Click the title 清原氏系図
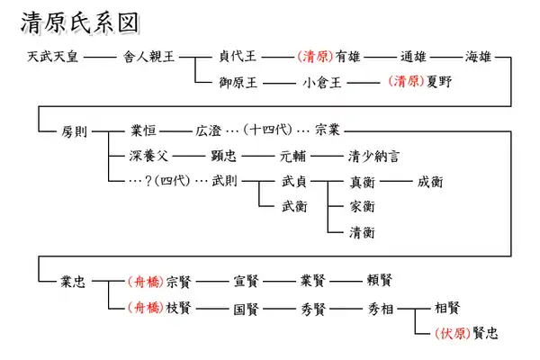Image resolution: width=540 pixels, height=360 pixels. coord(80,22)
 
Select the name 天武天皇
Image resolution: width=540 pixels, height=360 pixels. coord(53,57)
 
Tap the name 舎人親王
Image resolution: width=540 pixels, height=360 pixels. coord(149,57)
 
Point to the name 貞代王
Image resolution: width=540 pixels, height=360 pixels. coord(238,56)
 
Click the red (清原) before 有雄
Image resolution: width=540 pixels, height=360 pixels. coord(316,56)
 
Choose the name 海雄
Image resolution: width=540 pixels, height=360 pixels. coord(478,56)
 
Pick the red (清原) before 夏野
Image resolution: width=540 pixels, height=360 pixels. coord(407,81)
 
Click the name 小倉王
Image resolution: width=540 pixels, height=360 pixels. coord(321,82)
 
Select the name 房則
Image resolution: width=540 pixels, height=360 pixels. coord(74,131)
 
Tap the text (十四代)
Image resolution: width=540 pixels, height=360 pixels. coord(267,130)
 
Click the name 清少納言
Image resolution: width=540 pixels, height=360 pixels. coord(373,156)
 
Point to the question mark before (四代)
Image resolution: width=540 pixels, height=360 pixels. coord(148,181)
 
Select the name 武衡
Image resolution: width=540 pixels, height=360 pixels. coord(294,207)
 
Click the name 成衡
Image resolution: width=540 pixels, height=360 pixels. coord(430,182)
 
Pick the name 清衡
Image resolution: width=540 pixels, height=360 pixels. coord(362,232)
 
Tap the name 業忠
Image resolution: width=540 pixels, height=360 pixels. coord(73,282)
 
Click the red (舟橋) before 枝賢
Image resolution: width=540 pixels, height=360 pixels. coord(145,307)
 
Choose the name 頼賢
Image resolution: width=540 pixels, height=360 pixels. coord(380,280)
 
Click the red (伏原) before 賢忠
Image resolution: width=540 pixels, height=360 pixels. coord(453,333)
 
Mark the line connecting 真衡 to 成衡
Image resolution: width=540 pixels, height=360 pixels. coord(396,181)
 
